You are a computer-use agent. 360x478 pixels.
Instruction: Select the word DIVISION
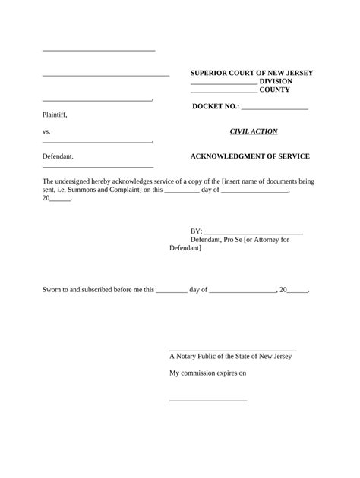pos(276,81)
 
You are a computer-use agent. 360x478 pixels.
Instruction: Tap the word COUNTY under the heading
pos(276,90)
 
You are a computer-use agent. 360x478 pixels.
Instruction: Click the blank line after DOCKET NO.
pos(274,108)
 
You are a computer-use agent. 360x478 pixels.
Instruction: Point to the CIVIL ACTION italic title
pos(253,131)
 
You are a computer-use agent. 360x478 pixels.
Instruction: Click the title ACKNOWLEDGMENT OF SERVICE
pos(249,156)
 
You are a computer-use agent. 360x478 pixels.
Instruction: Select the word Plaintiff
pos(55,115)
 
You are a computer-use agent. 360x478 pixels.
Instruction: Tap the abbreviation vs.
pos(46,131)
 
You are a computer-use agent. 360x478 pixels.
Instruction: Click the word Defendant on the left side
pos(58,156)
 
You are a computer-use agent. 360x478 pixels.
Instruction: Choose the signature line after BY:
pos(254,232)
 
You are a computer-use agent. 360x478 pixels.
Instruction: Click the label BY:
pos(196,231)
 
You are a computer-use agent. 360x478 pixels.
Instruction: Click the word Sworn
pos(53,290)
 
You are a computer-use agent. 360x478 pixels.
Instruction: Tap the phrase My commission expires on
pos(207,373)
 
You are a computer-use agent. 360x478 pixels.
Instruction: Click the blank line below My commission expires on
pos(207,400)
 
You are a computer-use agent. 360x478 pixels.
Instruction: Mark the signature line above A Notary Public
pos(232,349)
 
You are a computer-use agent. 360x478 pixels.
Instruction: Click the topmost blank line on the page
pos(99,51)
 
